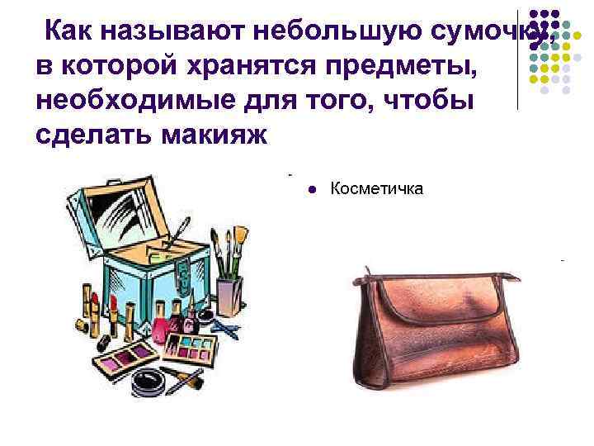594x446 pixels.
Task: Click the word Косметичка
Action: [376, 189]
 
